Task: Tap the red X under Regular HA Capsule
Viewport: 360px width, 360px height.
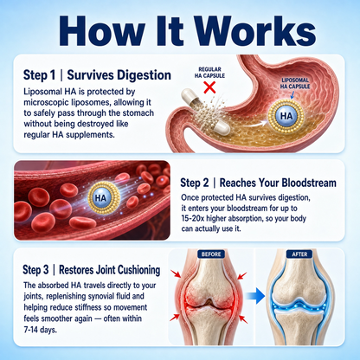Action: click(209, 87)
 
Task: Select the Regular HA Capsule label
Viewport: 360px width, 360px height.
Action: click(209, 73)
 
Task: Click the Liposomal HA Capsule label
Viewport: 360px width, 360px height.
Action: click(295, 83)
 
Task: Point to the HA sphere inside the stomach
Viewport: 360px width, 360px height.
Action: click(286, 116)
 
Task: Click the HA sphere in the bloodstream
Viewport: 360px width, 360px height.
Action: click(100, 198)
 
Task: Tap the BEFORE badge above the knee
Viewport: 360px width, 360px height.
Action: click(211, 254)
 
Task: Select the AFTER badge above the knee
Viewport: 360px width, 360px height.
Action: click(299, 254)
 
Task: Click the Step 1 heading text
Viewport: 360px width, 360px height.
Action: click(97, 75)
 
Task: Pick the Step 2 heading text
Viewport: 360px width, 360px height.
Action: click(258, 183)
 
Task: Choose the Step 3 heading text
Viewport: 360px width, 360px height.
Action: click(92, 270)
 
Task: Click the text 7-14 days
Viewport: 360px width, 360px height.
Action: click(40, 330)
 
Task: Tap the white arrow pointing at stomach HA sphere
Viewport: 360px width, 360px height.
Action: click(253, 125)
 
